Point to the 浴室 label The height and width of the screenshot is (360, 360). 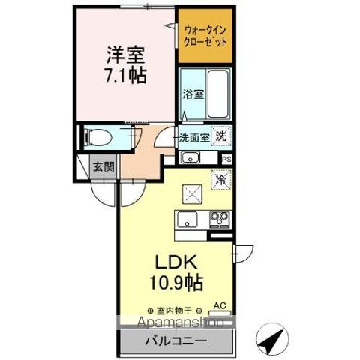coord(193,94)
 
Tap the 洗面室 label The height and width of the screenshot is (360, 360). coord(193,138)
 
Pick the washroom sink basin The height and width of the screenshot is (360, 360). coord(190,157)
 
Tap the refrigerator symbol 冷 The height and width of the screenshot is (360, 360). coord(220,179)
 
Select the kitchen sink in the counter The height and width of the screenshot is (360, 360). coord(187,220)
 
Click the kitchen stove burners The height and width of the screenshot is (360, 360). coord(220,219)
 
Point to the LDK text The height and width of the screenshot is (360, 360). coord(177,265)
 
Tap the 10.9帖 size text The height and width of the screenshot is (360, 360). coord(177,283)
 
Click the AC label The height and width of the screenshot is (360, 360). coord(220,305)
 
